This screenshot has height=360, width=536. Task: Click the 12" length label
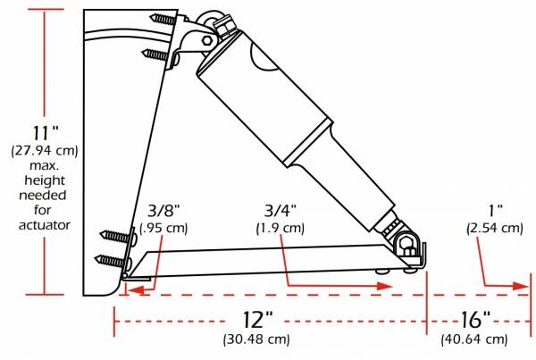click(x=256, y=320)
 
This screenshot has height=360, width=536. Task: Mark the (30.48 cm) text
click(x=256, y=339)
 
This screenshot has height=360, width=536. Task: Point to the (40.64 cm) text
click(x=474, y=339)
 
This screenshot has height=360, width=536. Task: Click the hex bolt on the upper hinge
click(x=207, y=40)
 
